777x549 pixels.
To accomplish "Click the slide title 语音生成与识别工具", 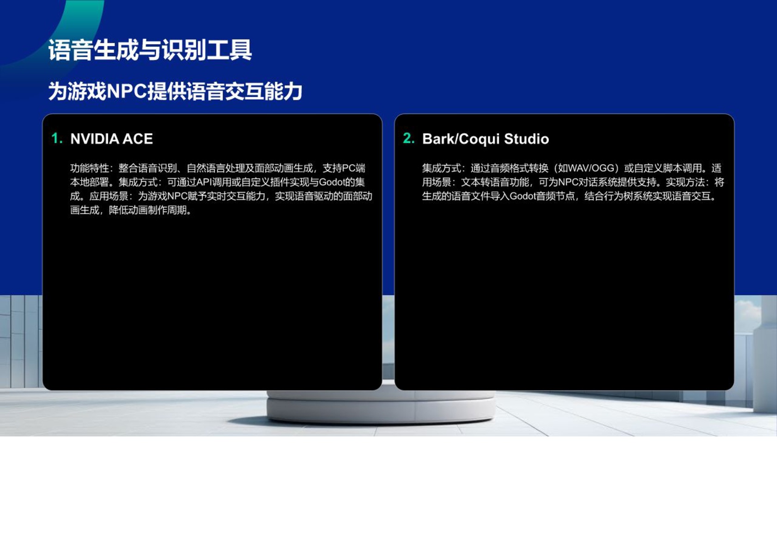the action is point(150,50).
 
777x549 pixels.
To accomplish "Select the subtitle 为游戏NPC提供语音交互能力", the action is point(175,91).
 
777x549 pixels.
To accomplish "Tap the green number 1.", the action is point(57,138).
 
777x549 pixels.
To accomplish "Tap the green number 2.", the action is point(409,138).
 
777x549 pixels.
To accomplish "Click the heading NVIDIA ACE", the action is point(111,139).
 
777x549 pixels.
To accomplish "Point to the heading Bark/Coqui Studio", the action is point(486,139).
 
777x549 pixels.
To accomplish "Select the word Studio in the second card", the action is point(527,139).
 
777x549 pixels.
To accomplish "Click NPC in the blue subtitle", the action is point(127,91).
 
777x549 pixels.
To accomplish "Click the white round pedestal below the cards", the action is point(381,407).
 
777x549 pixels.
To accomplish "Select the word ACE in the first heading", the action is point(138,139).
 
